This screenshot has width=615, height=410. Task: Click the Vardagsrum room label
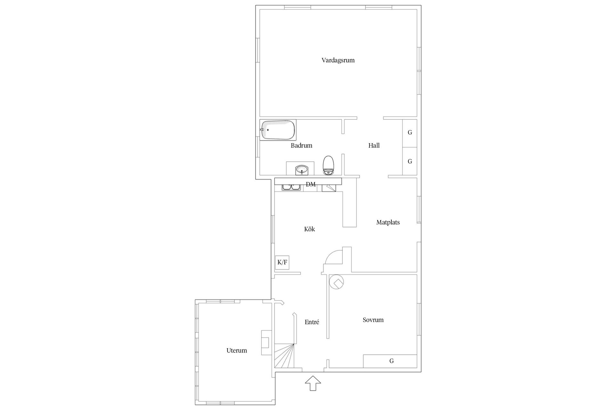pyautogui.click(x=338, y=60)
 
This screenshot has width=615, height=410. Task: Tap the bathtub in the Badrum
pyautogui.click(x=278, y=130)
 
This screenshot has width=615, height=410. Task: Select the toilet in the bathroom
pyautogui.click(x=328, y=165)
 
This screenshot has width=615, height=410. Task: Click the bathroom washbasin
pyautogui.click(x=302, y=170)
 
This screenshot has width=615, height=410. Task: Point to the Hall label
pyautogui.click(x=374, y=145)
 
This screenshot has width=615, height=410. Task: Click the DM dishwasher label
pyautogui.click(x=311, y=184)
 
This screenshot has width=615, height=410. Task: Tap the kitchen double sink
pyautogui.click(x=291, y=188)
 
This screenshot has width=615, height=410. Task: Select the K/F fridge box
pyautogui.click(x=282, y=263)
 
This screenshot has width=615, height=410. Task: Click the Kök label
pyautogui.click(x=309, y=229)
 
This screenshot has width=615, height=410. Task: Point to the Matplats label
pyautogui.click(x=388, y=222)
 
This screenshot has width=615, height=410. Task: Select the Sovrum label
pyautogui.click(x=373, y=320)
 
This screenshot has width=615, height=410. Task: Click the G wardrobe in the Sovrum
pyautogui.click(x=390, y=361)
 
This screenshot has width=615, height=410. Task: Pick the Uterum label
pyautogui.click(x=237, y=350)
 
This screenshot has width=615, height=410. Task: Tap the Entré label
pyautogui.click(x=312, y=322)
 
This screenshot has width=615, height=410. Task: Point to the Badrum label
pyautogui.click(x=301, y=145)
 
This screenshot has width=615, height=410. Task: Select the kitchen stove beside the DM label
pyautogui.click(x=329, y=188)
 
